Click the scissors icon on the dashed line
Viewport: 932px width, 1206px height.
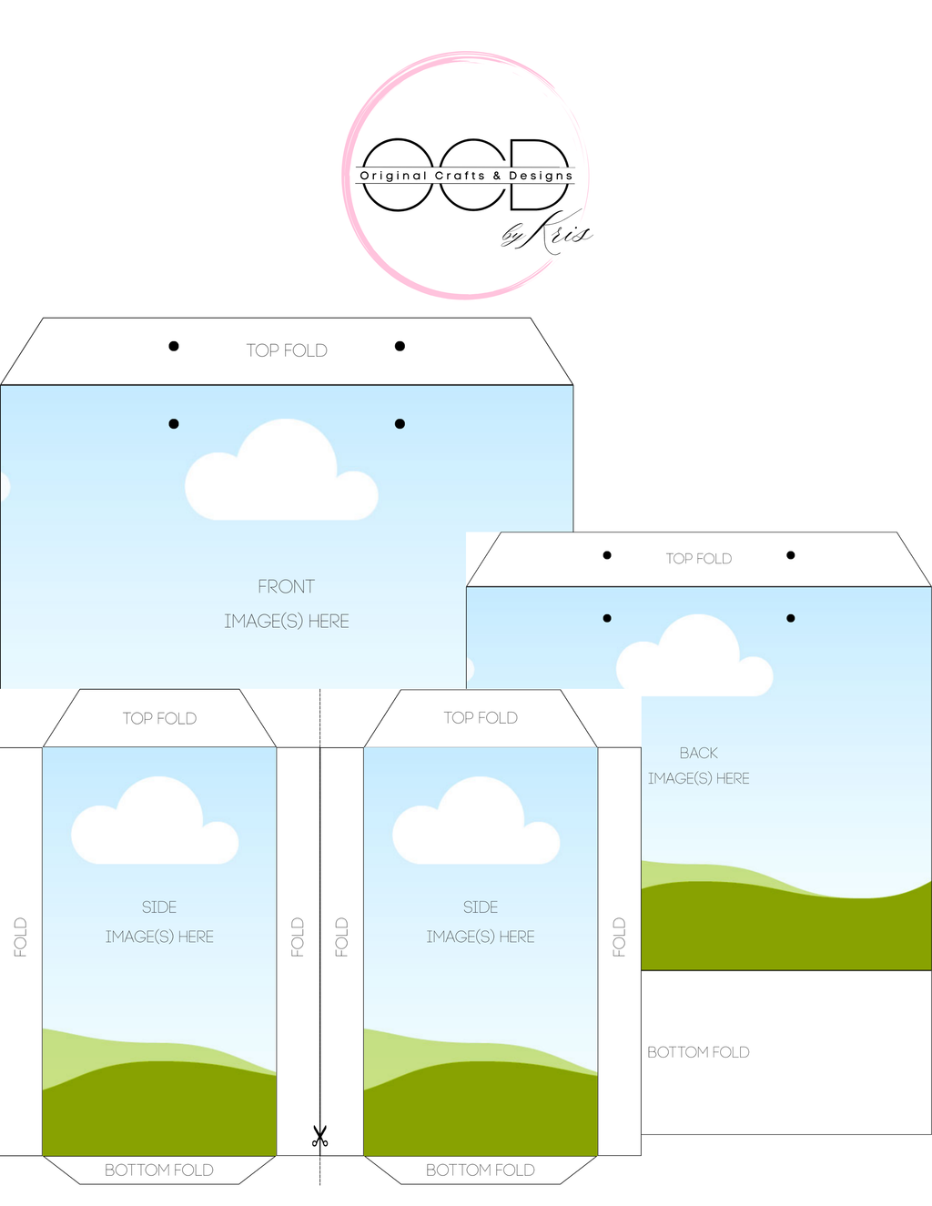coord(319,1136)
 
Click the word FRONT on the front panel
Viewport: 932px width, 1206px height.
coord(286,587)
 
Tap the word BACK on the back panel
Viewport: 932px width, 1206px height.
coord(698,753)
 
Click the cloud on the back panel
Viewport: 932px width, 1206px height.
coord(694,657)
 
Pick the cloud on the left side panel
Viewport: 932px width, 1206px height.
coord(155,824)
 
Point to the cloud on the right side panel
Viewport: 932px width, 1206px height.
coord(476,824)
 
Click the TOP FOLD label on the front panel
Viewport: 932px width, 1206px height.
coord(287,350)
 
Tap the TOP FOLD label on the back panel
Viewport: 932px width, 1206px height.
coord(698,559)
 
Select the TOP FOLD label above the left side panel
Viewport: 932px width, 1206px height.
coord(159,718)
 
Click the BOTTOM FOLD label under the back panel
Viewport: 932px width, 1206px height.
coord(698,1052)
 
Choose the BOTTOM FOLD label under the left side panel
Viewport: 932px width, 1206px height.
coord(159,1171)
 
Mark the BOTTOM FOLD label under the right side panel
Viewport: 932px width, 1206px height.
coord(481,1171)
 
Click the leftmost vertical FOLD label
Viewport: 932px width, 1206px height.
coord(21,937)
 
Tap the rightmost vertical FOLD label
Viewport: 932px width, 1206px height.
coord(619,937)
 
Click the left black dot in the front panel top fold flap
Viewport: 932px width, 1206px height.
coord(174,346)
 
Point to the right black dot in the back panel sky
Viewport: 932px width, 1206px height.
coord(791,618)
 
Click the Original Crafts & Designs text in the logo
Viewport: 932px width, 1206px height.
coord(466,176)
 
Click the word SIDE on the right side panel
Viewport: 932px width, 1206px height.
coord(481,907)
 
